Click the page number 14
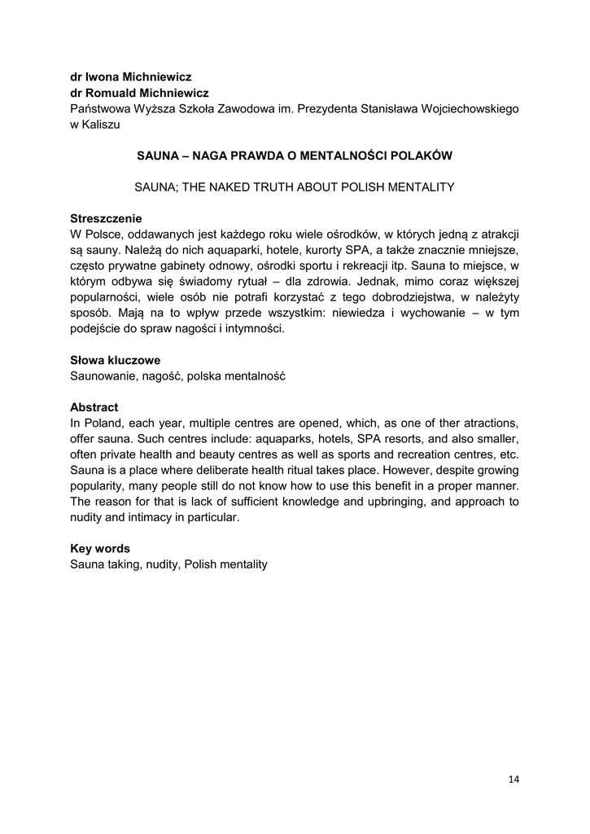coord(514,779)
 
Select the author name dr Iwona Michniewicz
coord(130,77)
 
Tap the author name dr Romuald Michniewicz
coord(139,93)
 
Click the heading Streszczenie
coord(106,218)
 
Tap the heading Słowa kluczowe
coord(115,360)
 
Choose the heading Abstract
coord(94,407)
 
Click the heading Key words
coord(100,549)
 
